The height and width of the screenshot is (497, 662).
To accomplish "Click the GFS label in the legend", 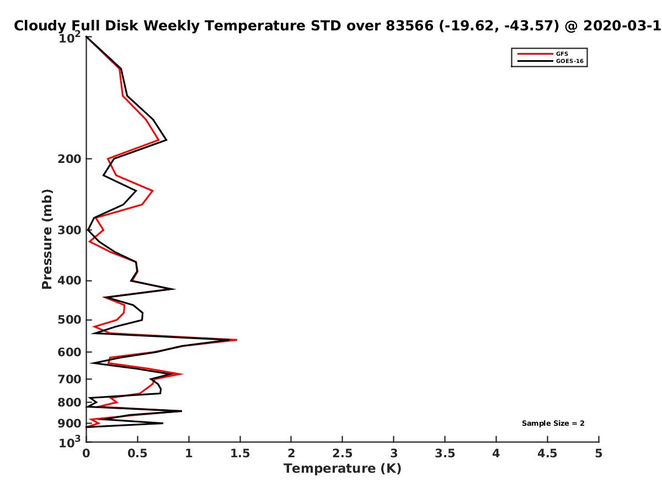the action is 562,54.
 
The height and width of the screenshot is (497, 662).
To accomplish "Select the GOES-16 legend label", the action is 569,61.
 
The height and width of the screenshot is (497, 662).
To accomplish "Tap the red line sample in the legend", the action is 535,54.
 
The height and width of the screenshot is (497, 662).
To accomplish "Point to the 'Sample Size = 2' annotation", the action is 553,423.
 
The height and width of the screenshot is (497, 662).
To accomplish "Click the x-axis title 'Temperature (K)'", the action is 343,468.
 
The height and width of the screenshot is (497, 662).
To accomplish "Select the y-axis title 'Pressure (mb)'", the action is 47,239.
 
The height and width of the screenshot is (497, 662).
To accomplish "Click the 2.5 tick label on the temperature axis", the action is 343,453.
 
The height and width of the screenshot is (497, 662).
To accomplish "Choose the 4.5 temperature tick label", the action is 547,453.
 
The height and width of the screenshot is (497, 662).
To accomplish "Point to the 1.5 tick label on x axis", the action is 240,453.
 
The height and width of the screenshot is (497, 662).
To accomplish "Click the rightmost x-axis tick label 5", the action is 599,453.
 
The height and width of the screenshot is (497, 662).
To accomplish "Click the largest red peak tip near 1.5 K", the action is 237,340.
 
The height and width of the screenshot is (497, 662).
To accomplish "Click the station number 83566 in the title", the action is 409,26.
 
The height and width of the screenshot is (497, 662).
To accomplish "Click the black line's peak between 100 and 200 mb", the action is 166,140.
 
